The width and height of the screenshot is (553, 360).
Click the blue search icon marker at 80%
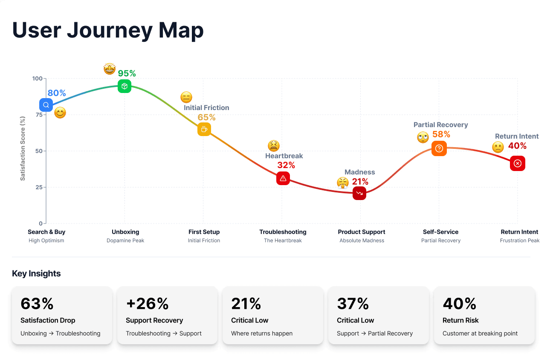pyautogui.click(x=46, y=105)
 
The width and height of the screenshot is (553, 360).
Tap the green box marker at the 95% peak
pyautogui.click(x=124, y=86)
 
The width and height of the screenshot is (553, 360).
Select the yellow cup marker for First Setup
pyautogui.click(x=204, y=129)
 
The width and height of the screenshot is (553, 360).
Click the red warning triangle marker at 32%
pyautogui.click(x=283, y=178)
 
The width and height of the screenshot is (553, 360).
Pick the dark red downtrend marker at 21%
pyautogui.click(x=359, y=193)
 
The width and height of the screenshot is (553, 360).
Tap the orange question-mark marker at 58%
pyautogui.click(x=439, y=148)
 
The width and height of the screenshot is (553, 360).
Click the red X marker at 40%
pyautogui.click(x=517, y=163)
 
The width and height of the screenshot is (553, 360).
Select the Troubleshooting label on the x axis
pyautogui.click(x=283, y=232)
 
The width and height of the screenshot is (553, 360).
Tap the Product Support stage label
pyautogui.click(x=362, y=232)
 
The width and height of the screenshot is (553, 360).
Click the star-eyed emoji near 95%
pyautogui.click(x=110, y=69)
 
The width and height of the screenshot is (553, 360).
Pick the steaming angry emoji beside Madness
pyautogui.click(x=342, y=183)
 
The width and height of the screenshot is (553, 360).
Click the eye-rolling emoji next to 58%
pyautogui.click(x=423, y=137)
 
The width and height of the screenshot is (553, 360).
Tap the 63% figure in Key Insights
pyautogui.click(x=37, y=304)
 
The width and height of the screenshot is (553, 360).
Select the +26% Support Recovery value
pyautogui.click(x=148, y=304)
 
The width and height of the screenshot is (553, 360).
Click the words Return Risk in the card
pyautogui.click(x=460, y=320)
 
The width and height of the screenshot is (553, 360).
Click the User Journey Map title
pyautogui.click(x=108, y=30)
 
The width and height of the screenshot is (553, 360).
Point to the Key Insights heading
pyautogui.click(x=36, y=274)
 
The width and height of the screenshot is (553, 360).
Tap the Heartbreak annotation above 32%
pyautogui.click(x=284, y=156)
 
